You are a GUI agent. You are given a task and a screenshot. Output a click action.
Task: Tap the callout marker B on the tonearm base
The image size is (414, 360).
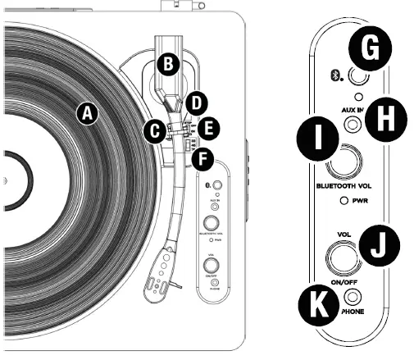tap(166, 62)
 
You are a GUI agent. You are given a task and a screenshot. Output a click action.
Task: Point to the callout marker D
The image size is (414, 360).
tap(195, 103)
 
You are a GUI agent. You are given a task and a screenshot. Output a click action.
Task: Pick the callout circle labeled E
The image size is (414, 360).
tap(210, 127)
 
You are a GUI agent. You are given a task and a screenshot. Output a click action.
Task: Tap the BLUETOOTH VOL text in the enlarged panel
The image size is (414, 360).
tap(348, 187)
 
